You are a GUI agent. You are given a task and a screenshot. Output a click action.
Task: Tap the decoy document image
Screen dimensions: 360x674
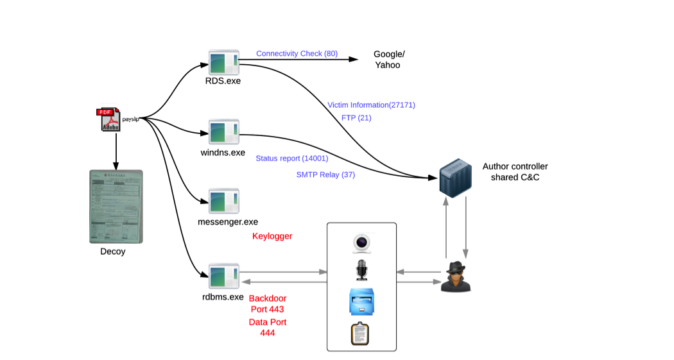[116, 206]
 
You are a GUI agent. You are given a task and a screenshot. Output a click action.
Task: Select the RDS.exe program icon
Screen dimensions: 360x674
[224, 62]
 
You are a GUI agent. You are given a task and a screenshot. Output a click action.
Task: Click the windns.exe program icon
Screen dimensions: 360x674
[224, 132]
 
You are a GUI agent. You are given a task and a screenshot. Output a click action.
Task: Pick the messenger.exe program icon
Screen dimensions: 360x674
[224, 201]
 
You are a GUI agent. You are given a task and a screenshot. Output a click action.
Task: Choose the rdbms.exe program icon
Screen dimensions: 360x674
[224, 276]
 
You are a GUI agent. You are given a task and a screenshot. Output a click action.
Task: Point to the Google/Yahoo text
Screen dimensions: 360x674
[389, 59]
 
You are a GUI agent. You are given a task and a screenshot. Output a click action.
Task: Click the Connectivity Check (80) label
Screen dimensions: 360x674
[297, 53]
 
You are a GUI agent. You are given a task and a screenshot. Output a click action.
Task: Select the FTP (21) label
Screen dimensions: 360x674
[356, 118]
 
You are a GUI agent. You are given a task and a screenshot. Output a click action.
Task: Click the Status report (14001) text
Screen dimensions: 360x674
[291, 159]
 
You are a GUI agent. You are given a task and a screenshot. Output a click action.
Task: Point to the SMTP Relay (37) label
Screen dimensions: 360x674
[325, 175]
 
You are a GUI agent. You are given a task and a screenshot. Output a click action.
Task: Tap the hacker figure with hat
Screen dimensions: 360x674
[456, 277]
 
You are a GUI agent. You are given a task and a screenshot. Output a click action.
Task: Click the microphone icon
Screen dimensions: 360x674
[361, 270]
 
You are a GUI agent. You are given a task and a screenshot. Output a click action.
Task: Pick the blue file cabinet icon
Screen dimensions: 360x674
[361, 302]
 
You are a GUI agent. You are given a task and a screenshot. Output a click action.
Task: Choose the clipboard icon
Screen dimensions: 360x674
[361, 334]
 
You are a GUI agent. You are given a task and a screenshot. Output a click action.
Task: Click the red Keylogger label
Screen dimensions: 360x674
[272, 236]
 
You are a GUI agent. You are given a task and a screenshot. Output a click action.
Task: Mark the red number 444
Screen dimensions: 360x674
[268, 333]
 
